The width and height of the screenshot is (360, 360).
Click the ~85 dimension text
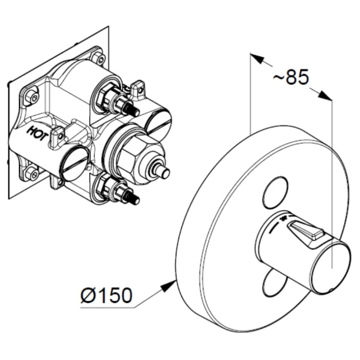[291, 77]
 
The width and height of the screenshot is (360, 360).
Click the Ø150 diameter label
[107, 295]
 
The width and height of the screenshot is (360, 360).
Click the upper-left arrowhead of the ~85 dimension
[257, 58]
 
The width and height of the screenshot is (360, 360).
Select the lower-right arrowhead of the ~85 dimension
[325, 96]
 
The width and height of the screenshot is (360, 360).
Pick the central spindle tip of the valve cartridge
[163, 172]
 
